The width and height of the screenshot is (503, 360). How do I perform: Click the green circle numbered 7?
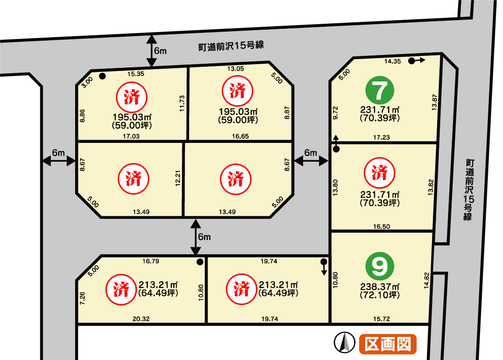click(380, 90)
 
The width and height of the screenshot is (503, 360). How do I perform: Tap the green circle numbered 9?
click(380, 266)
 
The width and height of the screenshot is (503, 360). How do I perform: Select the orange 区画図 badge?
click(388, 344)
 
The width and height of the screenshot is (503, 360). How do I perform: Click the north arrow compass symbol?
click(344, 342)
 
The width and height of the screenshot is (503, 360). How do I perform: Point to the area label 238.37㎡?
click(380, 287)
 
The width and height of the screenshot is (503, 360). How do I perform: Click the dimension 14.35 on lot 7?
click(393, 61)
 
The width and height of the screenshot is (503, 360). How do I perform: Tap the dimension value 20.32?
click(141, 319)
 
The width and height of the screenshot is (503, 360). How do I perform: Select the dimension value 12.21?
click(178, 178)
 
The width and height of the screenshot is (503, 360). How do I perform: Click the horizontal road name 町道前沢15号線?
click(231, 46)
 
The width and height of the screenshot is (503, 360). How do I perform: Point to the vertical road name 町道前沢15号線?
click(469, 190)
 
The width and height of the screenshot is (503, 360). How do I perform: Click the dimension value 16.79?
click(151, 261)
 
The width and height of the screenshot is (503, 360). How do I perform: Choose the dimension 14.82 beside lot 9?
click(426, 280)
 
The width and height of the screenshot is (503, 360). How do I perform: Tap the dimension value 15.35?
click(136, 74)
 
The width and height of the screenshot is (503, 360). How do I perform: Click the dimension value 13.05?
click(236, 68)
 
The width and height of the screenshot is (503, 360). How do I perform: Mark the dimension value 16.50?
click(382, 227)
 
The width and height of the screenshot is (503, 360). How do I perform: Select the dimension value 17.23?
click(382, 137)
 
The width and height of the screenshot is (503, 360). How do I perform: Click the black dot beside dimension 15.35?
click(102, 76)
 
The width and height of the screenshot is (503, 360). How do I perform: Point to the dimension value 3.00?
click(87, 82)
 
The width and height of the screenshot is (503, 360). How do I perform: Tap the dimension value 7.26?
click(82, 298)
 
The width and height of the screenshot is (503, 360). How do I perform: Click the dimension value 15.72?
click(382, 319)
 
